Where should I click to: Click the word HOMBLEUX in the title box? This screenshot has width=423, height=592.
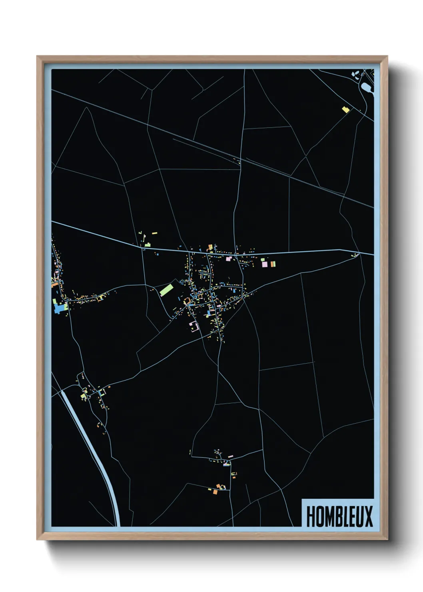point(339,516)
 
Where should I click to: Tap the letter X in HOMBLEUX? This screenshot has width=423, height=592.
point(368,516)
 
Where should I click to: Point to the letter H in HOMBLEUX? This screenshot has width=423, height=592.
point(310,516)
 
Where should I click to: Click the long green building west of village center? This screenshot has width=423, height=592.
point(166,290)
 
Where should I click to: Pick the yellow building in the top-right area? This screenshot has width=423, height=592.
point(345,109)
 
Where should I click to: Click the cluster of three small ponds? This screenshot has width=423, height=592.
point(355,74)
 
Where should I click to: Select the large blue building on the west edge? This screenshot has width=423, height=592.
point(60,308)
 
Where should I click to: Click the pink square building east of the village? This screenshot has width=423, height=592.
point(264,264)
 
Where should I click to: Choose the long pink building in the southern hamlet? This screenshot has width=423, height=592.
point(230,456)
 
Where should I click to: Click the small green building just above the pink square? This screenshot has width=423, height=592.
point(263,260)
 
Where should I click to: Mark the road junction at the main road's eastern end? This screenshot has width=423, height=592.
point(359,253)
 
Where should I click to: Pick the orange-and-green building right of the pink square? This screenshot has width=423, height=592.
point(273,264)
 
